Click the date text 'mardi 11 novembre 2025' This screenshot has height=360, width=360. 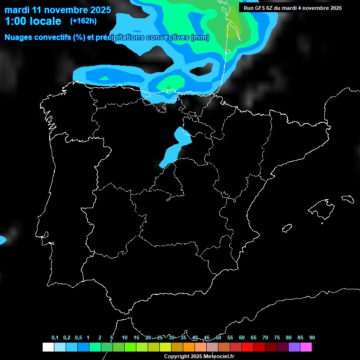[58, 10]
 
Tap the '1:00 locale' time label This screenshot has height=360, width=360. [33, 21]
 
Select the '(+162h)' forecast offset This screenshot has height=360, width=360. [83, 21]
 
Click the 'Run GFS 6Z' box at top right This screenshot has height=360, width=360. [292, 8]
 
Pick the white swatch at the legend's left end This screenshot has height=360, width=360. [48, 347]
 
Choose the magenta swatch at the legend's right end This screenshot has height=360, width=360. [306, 347]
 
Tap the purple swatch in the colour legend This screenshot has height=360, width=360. [294, 347]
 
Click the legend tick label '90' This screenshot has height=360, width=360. [312, 338]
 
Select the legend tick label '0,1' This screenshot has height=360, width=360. [55, 338]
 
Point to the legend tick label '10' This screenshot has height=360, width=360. [125, 338]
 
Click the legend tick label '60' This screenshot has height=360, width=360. [242, 338]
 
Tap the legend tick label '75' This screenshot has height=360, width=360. [277, 338]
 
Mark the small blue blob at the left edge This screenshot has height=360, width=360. [2, 240]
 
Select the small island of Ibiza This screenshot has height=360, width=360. [287, 228]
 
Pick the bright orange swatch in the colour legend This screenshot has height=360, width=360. [188, 347]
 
